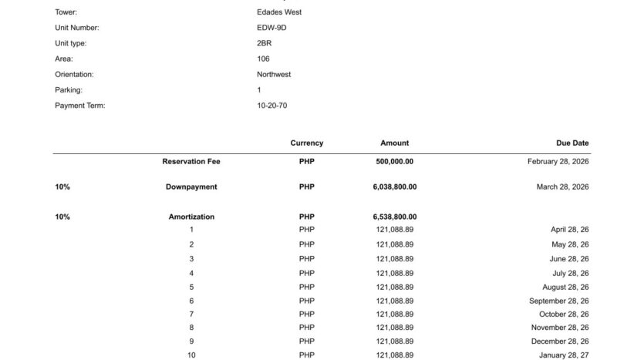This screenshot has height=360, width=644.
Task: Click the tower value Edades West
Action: tap(278, 12)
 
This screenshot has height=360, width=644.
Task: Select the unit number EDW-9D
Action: tap(271, 28)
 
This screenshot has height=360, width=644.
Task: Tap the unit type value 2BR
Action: tap(264, 43)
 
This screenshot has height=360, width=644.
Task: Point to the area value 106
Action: tap(263, 59)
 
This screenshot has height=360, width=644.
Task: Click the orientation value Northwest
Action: tap(274, 75)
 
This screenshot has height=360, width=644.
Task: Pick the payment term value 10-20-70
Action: tap(271, 106)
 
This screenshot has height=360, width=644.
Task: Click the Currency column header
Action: tap(306, 143)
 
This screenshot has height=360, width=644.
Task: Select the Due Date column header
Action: tap(572, 143)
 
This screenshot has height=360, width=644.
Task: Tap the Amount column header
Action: tap(394, 143)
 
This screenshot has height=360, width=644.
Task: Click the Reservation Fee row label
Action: tap(191, 162)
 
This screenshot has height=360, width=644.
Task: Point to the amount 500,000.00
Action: tap(394, 162)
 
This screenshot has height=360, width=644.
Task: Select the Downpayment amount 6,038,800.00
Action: tap(394, 187)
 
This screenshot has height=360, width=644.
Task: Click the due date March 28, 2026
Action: tap(562, 187)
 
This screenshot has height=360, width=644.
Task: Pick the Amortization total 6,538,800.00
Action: tap(394, 217)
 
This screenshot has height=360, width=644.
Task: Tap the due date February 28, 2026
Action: tap(558, 162)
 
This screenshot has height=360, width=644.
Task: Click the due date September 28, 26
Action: tap(558, 301)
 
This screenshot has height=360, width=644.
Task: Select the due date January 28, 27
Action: tap(563, 355)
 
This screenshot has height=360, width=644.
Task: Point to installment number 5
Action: tap(191, 287)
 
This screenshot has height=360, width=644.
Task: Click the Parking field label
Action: tap(69, 90)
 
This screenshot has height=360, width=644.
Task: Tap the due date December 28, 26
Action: tap(560, 341)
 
